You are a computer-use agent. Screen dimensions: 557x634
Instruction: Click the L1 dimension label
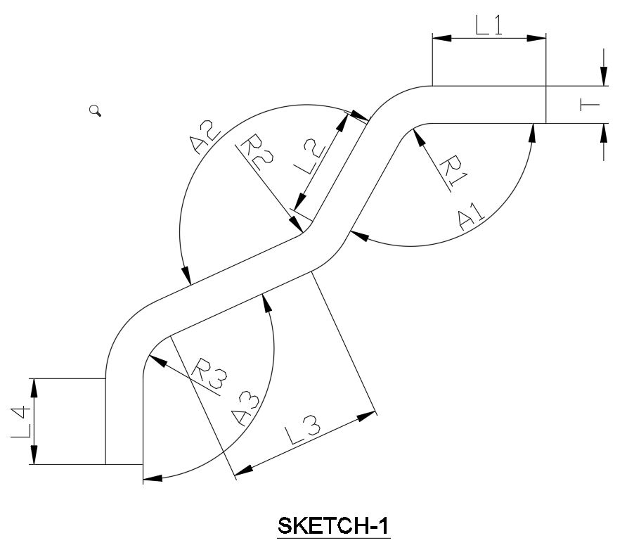(489, 25)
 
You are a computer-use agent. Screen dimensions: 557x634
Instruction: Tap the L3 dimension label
(304, 430)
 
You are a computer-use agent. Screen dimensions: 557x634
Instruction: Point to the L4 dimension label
(21, 421)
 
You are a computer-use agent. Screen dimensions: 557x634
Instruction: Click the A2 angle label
(206, 138)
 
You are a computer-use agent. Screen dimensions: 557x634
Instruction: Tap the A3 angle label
(246, 408)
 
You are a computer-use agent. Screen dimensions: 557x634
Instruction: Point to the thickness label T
(589, 105)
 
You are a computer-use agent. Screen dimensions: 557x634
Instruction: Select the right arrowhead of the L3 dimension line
(367, 416)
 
